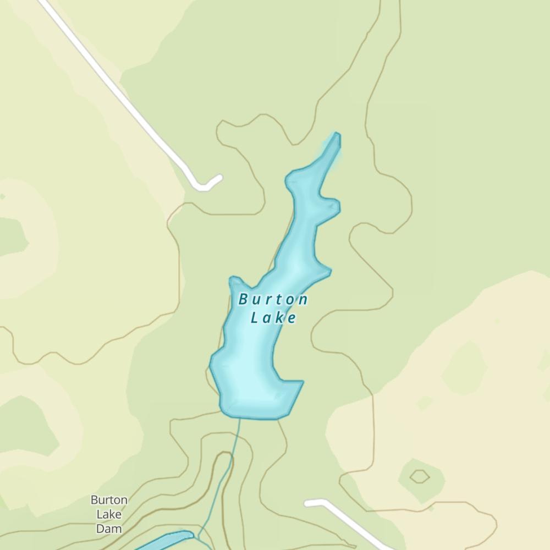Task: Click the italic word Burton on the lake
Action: coord(273,300)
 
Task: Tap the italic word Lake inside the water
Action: coord(273,318)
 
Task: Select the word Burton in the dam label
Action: coord(109,501)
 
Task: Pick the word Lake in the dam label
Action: coord(109,515)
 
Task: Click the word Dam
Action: coord(109,529)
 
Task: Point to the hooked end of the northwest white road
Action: coord(219,178)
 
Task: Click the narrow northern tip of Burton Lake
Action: coord(337,135)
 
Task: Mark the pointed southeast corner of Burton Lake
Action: coord(302,382)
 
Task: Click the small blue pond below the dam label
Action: coord(165,541)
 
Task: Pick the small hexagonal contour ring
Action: coord(420,476)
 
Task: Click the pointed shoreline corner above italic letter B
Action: coord(234,279)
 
